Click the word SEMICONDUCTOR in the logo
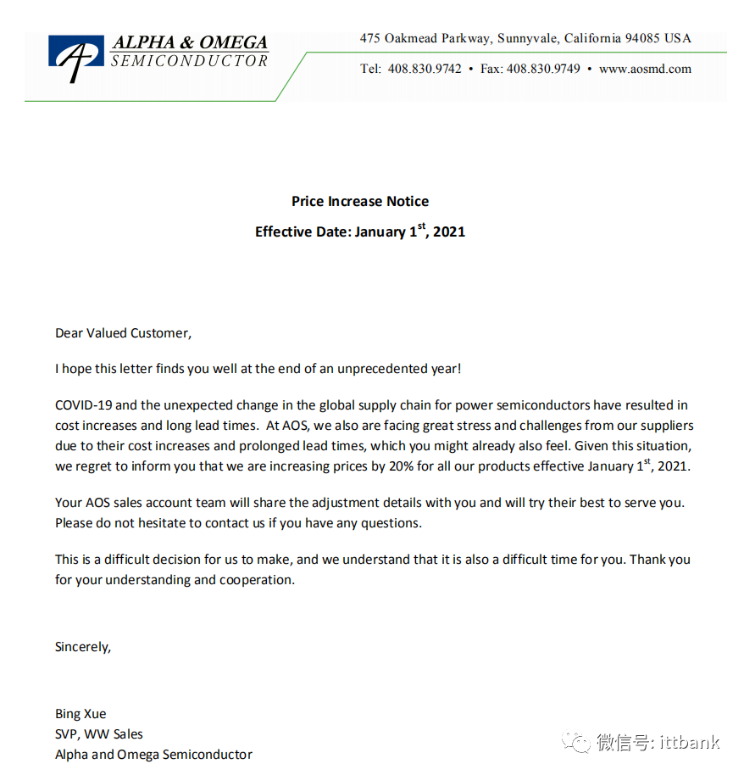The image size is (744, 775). click(x=189, y=61)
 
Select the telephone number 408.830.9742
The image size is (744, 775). click(x=425, y=69)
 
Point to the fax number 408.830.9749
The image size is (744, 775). click(x=543, y=69)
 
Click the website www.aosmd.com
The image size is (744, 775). click(x=645, y=69)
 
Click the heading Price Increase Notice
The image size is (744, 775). click(x=360, y=201)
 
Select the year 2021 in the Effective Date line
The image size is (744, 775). click(x=449, y=231)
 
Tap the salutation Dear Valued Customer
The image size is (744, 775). click(x=123, y=333)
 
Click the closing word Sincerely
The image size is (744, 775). click(x=82, y=647)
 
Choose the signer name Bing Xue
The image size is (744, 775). click(x=81, y=714)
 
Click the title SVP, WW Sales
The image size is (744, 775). click(x=99, y=734)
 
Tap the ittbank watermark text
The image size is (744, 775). click(x=690, y=743)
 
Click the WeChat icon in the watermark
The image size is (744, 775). click(x=579, y=743)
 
